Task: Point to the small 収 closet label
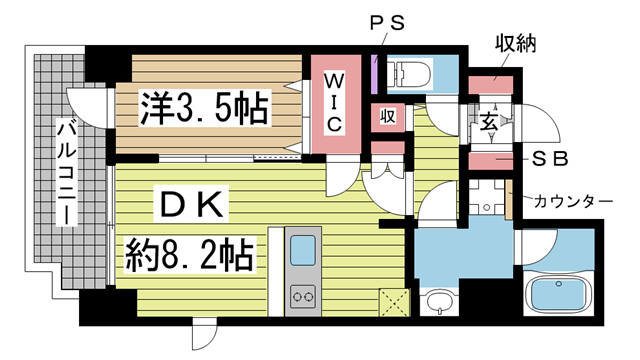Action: pyautogui.click(x=387, y=116)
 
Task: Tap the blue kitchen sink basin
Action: pyautogui.click(x=302, y=255)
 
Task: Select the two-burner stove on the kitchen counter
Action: pyautogui.click(x=302, y=297)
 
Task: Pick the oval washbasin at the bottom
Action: pyautogui.click(x=438, y=302)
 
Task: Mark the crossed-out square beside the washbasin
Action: pyautogui.click(x=392, y=301)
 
